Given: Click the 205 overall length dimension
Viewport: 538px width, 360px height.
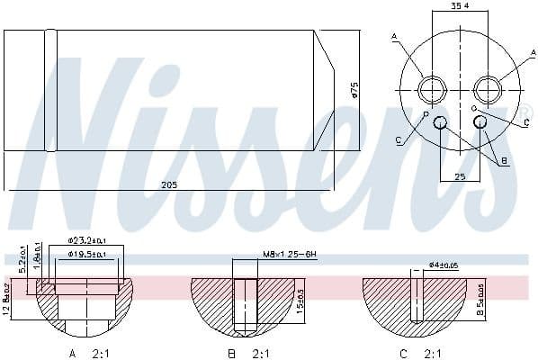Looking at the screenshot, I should (169, 184).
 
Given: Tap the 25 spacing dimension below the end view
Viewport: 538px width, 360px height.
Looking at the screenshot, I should (460, 177).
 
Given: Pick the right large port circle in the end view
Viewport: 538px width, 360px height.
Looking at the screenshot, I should (488, 88).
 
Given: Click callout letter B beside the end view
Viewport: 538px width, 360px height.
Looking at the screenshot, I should (505, 161).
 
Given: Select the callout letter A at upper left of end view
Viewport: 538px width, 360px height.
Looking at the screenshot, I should (394, 36).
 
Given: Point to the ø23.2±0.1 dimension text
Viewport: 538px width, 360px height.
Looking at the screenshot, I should (87, 241).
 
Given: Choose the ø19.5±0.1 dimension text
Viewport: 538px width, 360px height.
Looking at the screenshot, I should (87, 255).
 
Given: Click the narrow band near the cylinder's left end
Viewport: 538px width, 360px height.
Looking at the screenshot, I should (51, 89).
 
